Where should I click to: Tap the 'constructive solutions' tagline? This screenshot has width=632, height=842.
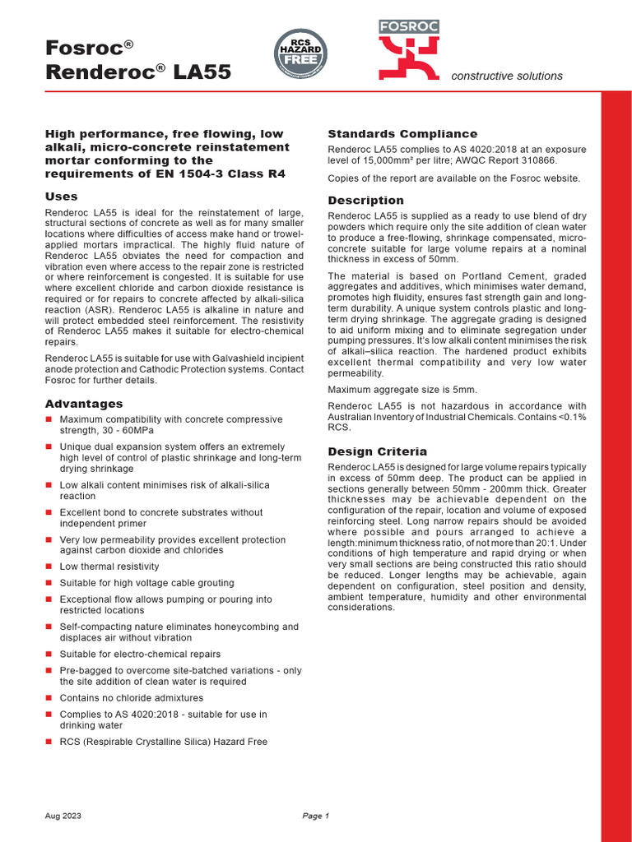[x=507, y=76]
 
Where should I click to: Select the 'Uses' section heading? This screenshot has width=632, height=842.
[x=61, y=197]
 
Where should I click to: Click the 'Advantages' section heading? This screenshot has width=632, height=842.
[x=83, y=404]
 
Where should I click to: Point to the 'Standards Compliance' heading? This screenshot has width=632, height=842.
[x=402, y=134]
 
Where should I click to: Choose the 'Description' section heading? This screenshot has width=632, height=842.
[x=365, y=201]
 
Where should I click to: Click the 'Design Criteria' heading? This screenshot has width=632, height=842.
[x=377, y=451]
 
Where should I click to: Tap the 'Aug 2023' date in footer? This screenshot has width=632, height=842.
[x=63, y=816]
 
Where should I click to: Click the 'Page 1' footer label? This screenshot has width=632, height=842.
[x=315, y=816]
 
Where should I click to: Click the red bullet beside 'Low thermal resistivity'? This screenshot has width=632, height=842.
[x=49, y=567]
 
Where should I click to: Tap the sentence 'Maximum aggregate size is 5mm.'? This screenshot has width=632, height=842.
[x=402, y=389]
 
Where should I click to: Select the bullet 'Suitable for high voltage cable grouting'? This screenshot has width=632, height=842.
[x=146, y=583]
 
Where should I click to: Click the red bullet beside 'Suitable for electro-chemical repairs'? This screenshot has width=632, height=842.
[x=49, y=655]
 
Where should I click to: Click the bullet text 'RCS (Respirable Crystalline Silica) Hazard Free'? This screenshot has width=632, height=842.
[x=163, y=742]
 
